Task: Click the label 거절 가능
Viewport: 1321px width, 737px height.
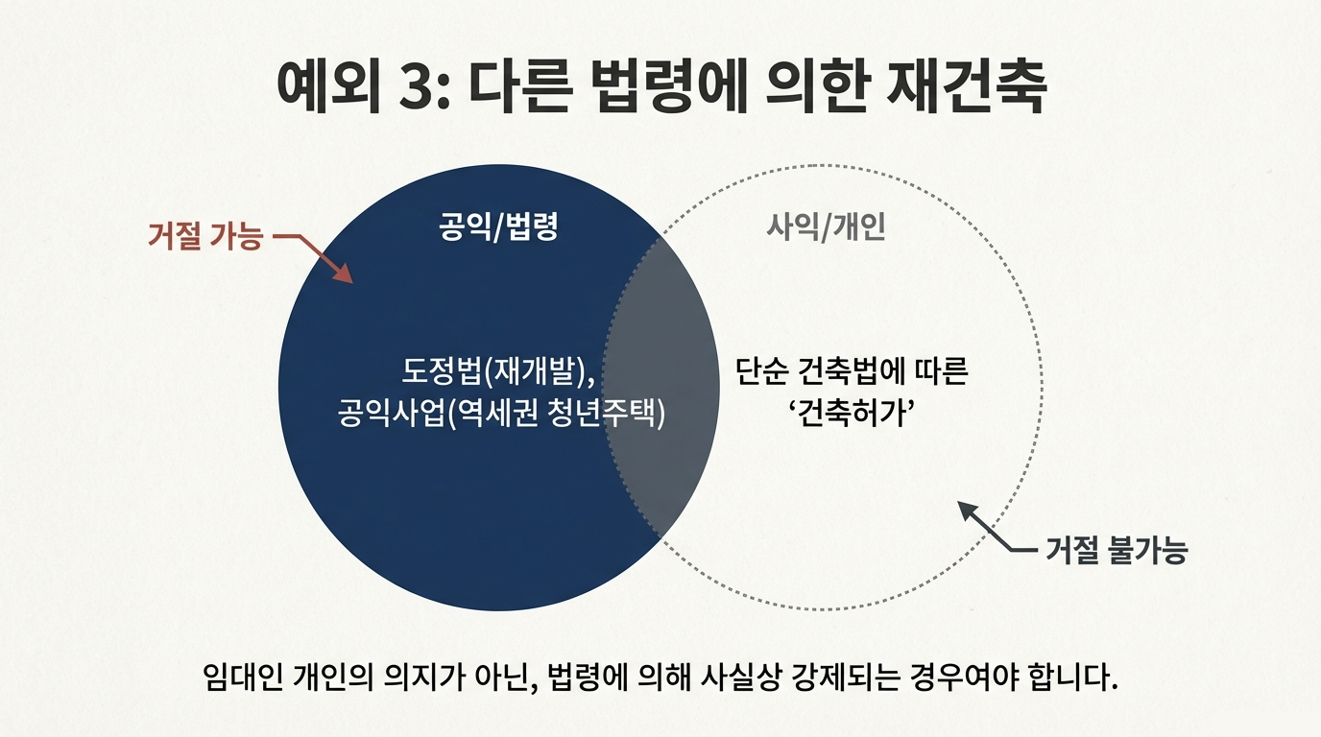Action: pos(204,236)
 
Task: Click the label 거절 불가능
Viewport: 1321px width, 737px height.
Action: pos(1115,551)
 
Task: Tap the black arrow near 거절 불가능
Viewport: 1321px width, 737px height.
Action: pos(989,528)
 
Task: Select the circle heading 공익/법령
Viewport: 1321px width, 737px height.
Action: pos(498,227)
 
